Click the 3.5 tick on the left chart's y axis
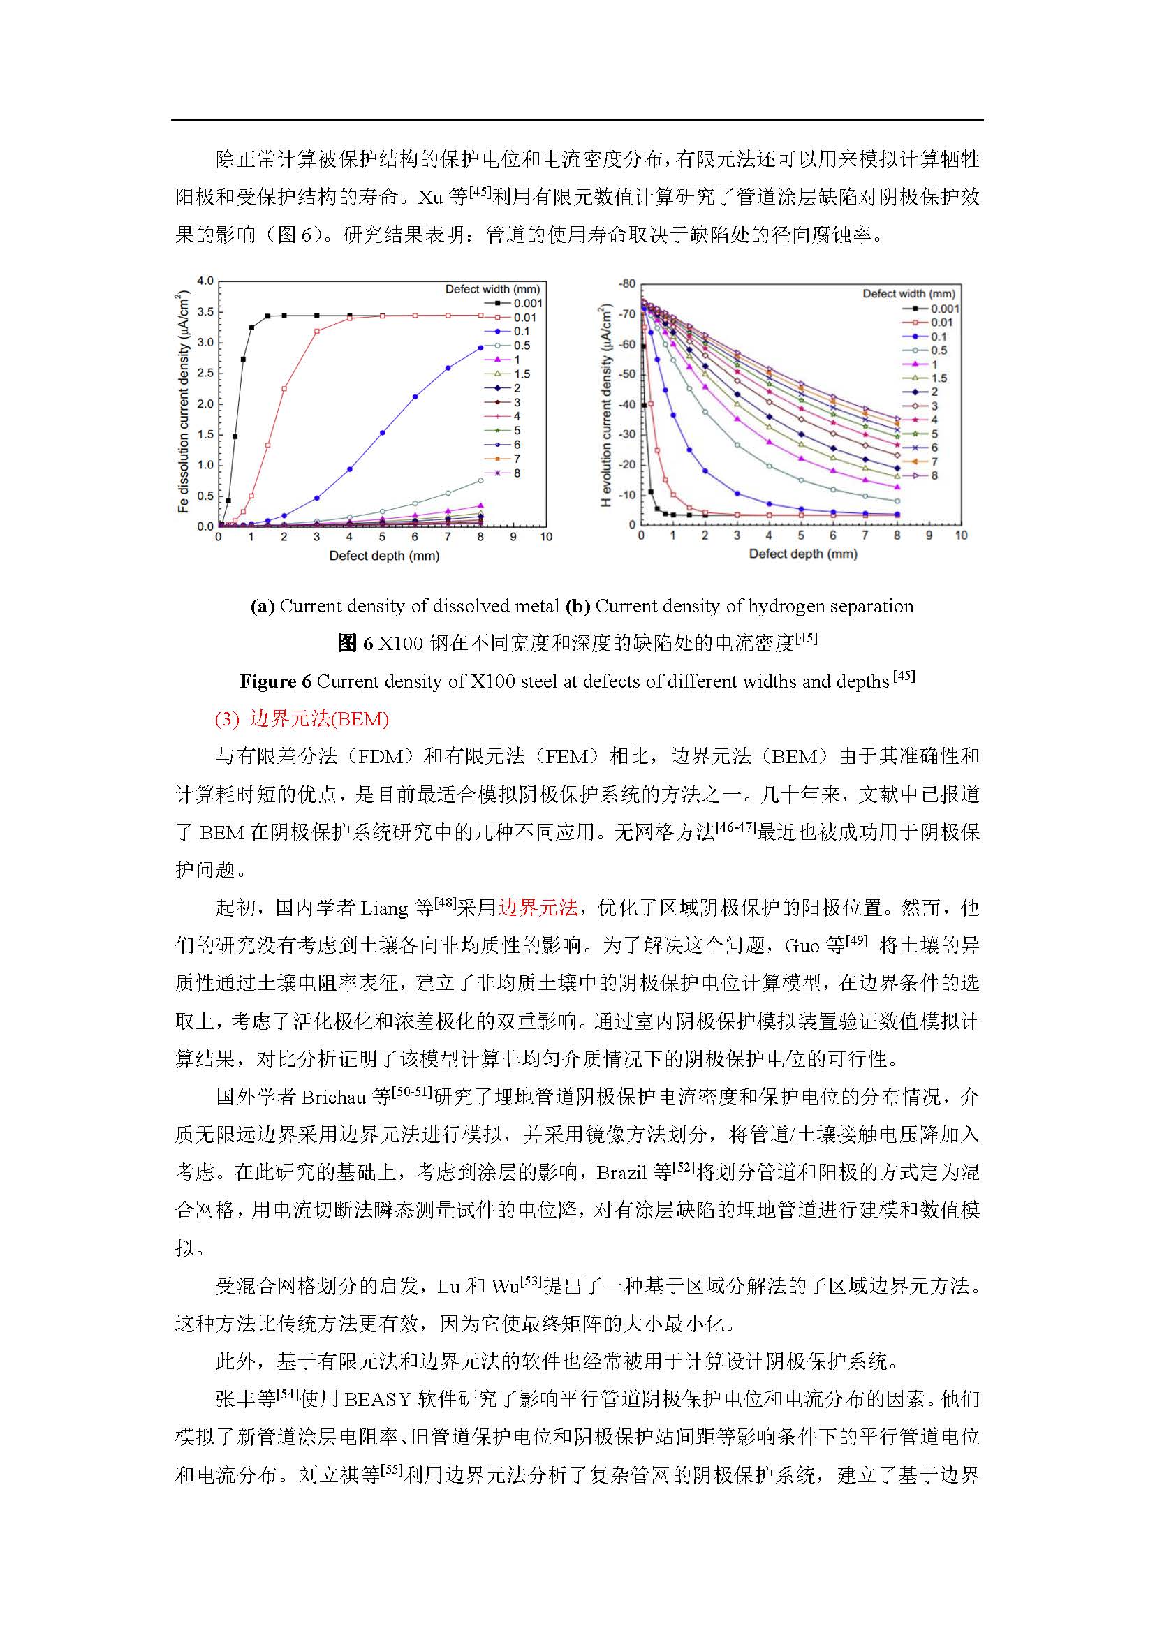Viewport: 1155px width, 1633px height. pos(205,311)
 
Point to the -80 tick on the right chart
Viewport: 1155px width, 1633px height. pos(626,283)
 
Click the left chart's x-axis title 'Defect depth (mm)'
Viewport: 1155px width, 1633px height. pos(384,556)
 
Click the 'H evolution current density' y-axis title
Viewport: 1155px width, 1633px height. pos(606,406)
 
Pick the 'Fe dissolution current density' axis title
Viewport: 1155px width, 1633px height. pos(184,402)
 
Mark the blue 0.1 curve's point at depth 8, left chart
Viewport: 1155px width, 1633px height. pos(480,348)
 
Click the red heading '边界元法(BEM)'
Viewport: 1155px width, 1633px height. pos(318,719)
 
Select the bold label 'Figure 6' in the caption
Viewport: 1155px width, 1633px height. pos(275,681)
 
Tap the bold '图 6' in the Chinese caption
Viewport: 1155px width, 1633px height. pos(355,644)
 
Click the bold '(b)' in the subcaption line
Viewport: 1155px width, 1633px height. pos(577,606)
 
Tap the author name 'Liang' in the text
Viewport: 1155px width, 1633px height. pos(385,908)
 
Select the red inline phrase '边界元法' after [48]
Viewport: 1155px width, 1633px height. pos(538,908)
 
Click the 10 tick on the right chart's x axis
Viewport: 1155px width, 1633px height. pos(961,535)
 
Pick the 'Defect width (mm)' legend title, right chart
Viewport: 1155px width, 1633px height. pos(908,293)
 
